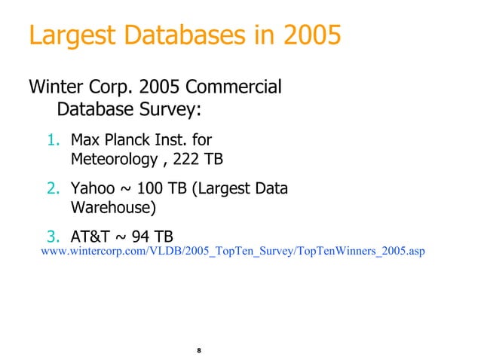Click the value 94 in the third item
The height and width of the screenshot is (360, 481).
[x=141, y=235]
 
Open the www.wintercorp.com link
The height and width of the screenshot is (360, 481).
[x=233, y=251]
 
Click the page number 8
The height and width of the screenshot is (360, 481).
[x=199, y=351]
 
